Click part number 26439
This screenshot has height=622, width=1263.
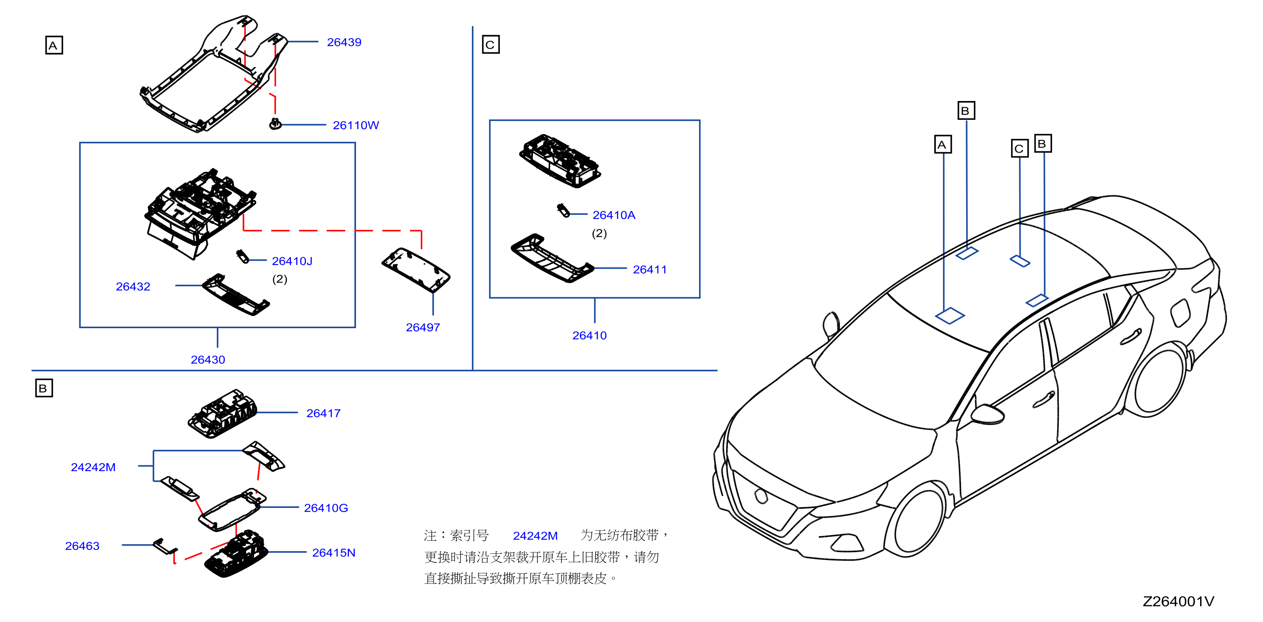(x=344, y=42)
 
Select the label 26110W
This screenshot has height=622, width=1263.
(x=356, y=125)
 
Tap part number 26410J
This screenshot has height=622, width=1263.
(x=292, y=261)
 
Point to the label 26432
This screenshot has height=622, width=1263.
(x=133, y=286)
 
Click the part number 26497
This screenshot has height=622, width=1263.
(x=423, y=327)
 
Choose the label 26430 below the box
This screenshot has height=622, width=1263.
(x=208, y=359)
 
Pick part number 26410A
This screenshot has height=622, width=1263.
(x=614, y=215)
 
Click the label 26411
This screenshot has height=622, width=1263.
(x=650, y=269)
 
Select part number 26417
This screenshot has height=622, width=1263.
(x=323, y=413)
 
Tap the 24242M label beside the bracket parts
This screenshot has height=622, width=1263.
(x=93, y=467)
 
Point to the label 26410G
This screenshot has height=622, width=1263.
(x=326, y=508)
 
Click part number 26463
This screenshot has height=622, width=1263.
(x=82, y=546)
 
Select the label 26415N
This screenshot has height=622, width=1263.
(x=333, y=552)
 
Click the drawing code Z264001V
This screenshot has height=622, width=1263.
(x=1178, y=601)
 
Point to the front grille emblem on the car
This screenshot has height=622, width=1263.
(x=761, y=495)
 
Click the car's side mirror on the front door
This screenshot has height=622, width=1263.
(x=988, y=414)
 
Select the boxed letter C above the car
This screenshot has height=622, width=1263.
(x=1019, y=148)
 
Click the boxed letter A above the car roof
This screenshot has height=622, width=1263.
(x=943, y=144)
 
